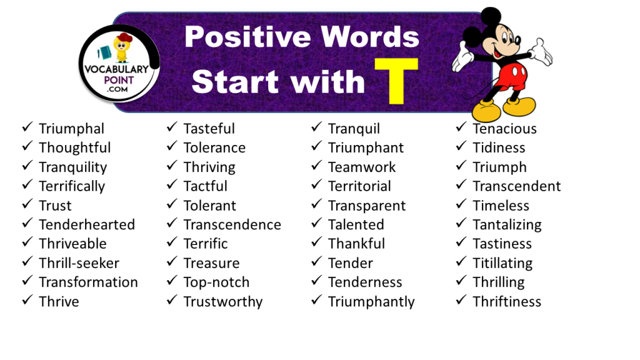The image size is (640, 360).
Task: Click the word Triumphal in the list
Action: [x=71, y=129]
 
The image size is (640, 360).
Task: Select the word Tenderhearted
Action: [x=86, y=224]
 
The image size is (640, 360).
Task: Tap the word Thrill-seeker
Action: [x=79, y=263]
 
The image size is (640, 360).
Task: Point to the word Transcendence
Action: [x=232, y=224]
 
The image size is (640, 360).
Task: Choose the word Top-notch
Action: [x=216, y=282]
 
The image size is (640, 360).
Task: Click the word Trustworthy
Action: [x=222, y=302]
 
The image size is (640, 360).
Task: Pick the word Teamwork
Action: [x=362, y=167]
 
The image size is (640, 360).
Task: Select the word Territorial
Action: [x=359, y=186]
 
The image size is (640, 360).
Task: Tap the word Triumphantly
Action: [x=371, y=302]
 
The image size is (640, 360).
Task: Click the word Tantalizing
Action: [x=507, y=224]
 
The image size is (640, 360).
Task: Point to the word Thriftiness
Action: [x=507, y=302]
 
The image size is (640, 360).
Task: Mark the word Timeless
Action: [x=501, y=206]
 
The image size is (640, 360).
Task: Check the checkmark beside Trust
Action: [x=27, y=205]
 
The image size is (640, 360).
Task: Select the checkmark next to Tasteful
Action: [x=172, y=128]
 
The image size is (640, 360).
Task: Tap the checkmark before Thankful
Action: [x=317, y=243]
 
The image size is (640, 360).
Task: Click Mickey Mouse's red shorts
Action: [x=510, y=77]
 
